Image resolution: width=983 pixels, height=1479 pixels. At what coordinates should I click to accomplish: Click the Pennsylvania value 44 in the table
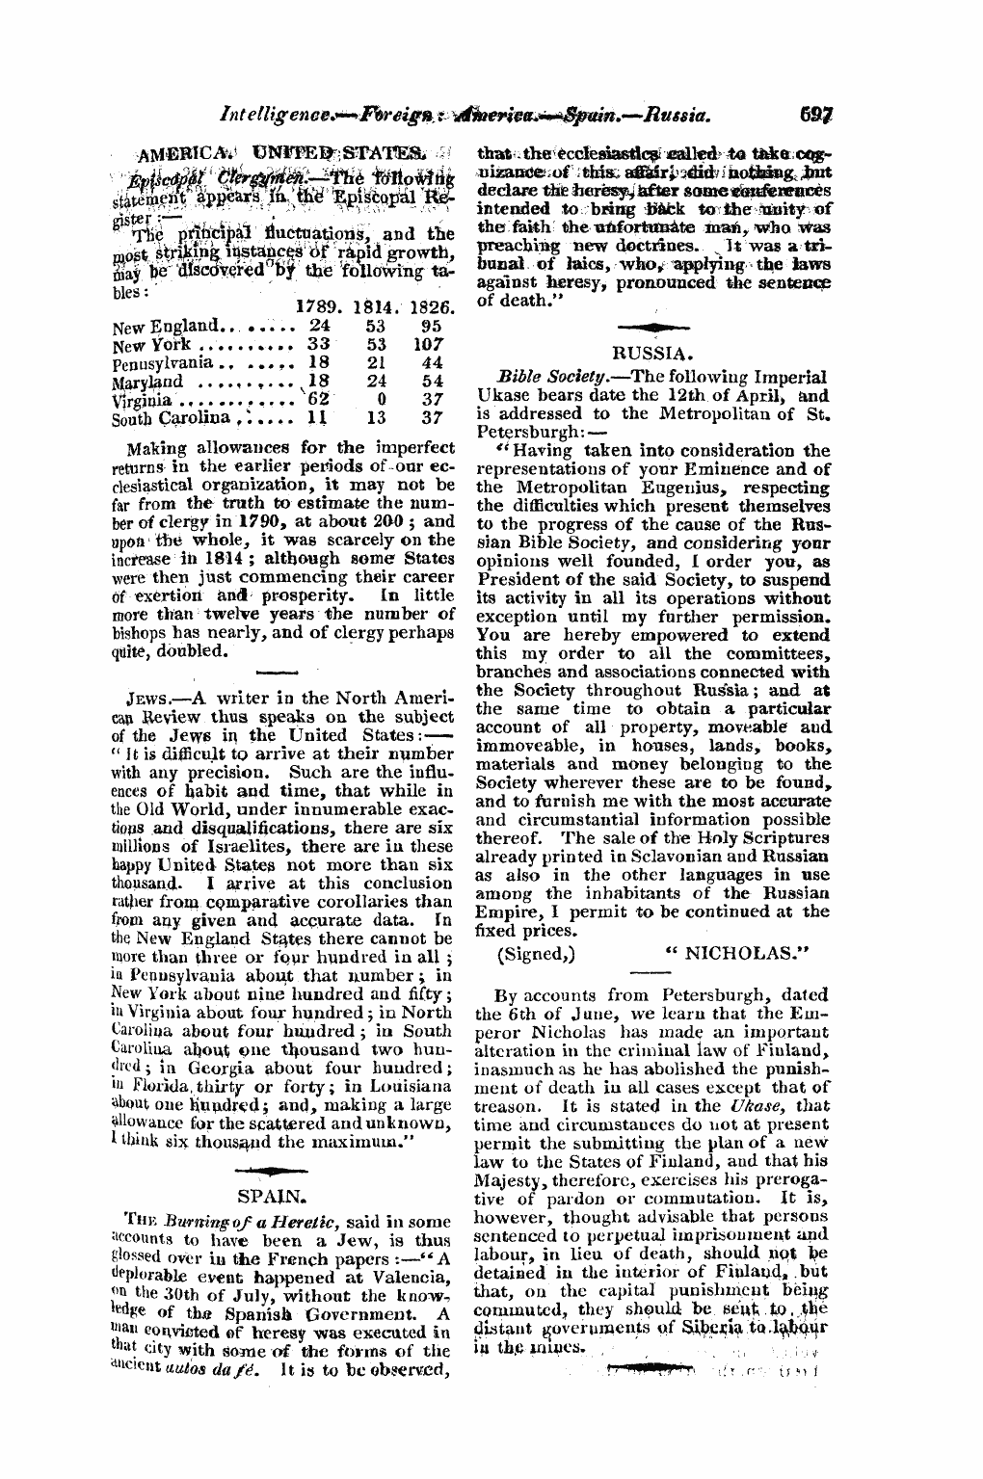click(x=431, y=362)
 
